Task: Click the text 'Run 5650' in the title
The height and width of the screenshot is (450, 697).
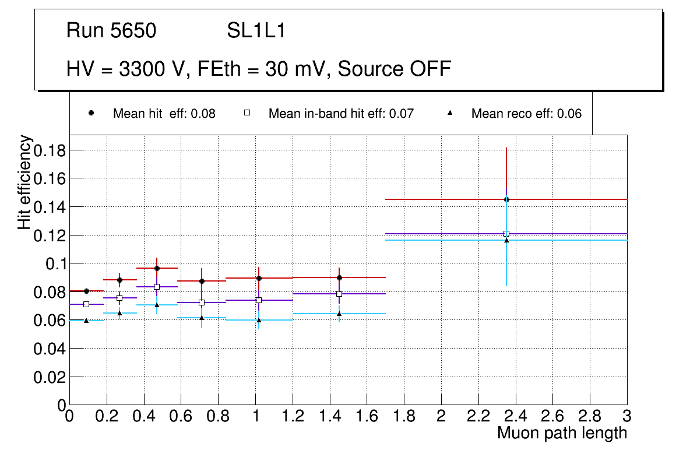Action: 111,30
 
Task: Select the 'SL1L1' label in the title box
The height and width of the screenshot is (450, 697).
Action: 256,30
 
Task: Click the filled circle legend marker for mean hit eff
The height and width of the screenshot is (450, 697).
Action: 91,112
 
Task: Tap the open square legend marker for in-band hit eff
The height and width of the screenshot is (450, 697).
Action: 247,112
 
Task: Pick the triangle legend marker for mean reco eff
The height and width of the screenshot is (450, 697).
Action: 449,112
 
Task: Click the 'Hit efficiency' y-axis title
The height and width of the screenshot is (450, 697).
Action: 24,182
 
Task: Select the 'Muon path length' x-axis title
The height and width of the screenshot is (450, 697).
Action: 562,433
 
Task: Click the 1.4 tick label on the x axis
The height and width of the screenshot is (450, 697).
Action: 329,416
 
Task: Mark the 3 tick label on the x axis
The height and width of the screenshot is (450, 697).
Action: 626,416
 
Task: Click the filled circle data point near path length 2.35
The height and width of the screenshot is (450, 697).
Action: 506,199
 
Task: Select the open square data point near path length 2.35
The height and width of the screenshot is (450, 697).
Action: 506,234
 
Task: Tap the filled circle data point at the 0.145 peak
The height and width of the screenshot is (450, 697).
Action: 506,199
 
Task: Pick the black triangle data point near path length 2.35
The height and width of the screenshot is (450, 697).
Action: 506,240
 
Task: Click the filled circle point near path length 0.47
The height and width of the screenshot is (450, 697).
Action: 157,268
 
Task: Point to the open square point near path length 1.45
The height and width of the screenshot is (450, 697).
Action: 339,294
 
